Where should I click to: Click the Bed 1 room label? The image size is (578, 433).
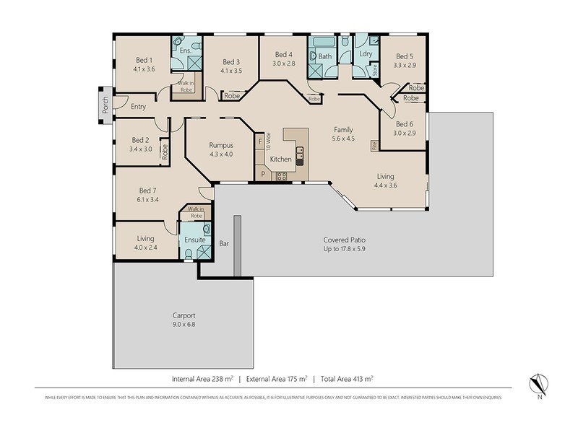144,60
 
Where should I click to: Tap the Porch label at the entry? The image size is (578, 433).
105,105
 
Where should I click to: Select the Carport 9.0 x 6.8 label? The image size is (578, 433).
184,315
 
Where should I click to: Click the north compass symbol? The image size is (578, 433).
538,382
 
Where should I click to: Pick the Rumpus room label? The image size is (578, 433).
220,144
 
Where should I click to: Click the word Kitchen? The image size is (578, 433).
280,159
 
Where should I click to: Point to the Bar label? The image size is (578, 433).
224,245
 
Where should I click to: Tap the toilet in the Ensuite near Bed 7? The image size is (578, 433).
189,253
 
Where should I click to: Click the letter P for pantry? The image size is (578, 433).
263,175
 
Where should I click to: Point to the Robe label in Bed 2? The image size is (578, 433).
165,151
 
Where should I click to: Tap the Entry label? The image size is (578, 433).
139,107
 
